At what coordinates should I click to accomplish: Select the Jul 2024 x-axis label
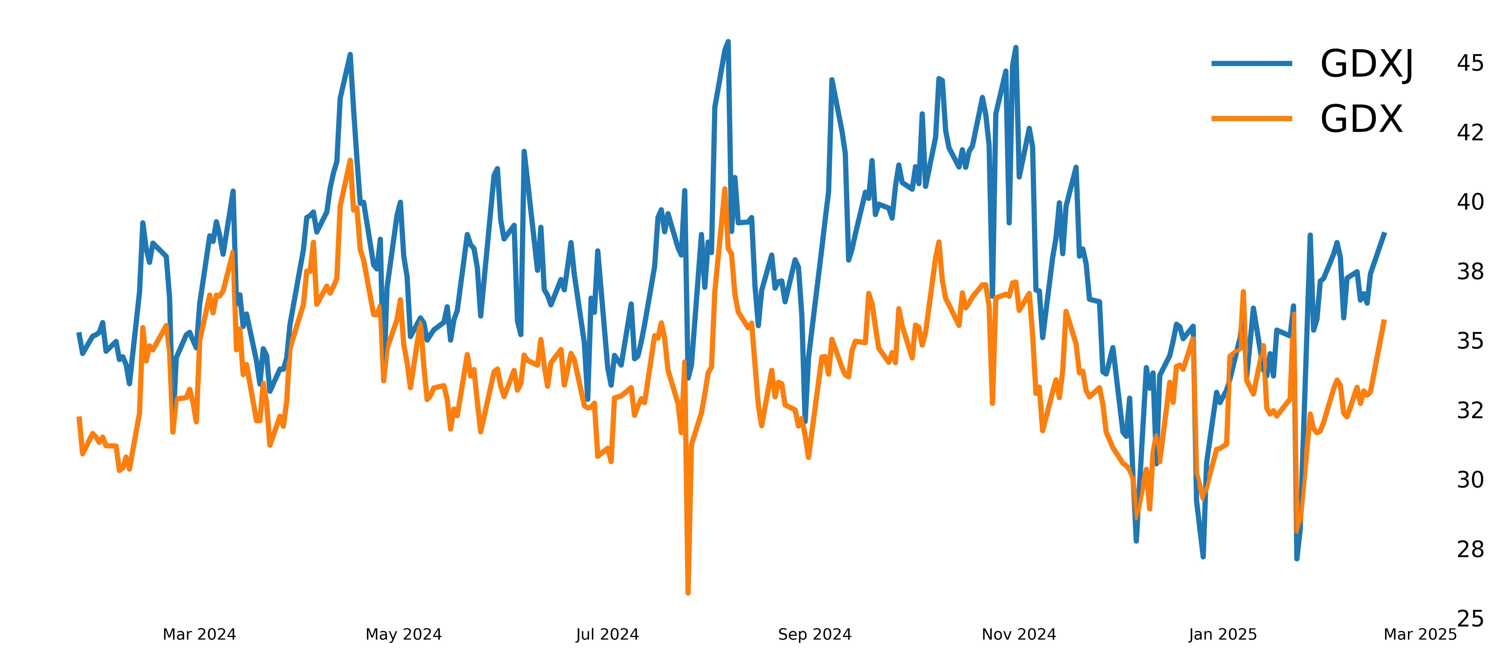coord(608,634)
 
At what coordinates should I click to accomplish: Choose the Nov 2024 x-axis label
coord(1019,634)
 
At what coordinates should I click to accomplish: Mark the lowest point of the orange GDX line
coord(688,593)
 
